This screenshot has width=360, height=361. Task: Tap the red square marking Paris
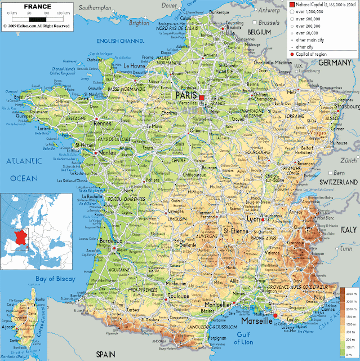pos(201,97)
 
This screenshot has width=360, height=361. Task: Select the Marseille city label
pos(256,321)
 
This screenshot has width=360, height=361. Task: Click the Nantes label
pos(107,152)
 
